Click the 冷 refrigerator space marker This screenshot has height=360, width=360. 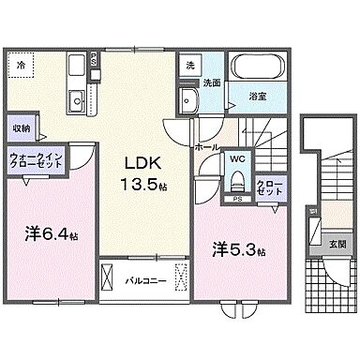(x=22, y=65)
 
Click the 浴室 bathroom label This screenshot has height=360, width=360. (x=256, y=96)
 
